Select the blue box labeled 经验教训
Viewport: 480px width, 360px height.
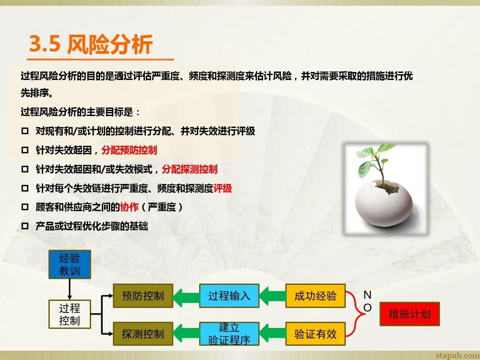70,264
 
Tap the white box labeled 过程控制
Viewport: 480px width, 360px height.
70,314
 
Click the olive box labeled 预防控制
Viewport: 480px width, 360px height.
143,296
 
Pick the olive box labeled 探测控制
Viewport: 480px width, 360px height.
143,334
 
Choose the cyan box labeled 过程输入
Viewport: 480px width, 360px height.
229,296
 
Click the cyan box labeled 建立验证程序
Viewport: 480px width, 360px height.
229,334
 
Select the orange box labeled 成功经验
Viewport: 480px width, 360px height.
316,296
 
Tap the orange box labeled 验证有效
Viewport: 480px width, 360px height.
316,334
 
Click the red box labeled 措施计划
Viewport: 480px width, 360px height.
410,314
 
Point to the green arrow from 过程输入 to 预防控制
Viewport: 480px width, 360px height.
186,296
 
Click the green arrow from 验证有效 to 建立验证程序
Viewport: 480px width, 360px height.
272,334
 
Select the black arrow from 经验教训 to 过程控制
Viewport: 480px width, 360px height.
70,289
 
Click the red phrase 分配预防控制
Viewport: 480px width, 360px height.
129,150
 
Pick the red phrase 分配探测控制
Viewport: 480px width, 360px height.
190,169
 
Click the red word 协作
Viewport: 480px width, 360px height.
129,207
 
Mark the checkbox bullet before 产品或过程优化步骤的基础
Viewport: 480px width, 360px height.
25,226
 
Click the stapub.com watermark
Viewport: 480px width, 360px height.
457,355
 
